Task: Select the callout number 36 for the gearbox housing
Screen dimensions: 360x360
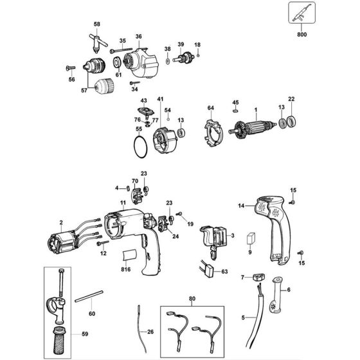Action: pyautogui.click(x=138, y=36)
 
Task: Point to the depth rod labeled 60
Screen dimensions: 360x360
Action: pyautogui.click(x=89, y=299)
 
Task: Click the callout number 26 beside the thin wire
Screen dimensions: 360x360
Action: pyautogui.click(x=150, y=332)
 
